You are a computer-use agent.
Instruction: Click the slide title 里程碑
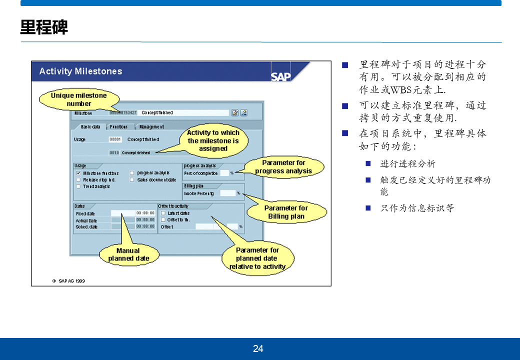coord(44,27)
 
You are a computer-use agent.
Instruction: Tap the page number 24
coord(258,348)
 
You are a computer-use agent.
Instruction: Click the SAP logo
coord(281,76)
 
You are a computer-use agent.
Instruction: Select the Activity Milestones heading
coord(80,71)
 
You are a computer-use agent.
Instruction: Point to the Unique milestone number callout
coord(79,99)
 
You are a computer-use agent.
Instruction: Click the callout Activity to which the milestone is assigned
coord(213,140)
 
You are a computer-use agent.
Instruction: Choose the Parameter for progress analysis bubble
coord(283,167)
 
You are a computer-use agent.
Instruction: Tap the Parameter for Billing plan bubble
coord(286,212)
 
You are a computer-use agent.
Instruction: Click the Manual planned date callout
coord(128,254)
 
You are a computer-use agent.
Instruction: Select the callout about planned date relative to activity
coord(257,258)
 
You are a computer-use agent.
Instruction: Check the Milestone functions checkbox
coord(78,173)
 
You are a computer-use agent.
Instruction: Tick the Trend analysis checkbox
coord(78,186)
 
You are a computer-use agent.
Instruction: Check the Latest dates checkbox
coord(163,213)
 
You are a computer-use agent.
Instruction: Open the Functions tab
coord(119,127)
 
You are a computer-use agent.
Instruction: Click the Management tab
coord(151,127)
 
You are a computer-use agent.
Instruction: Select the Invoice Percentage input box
coord(227,193)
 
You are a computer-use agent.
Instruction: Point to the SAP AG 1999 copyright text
coord(71,281)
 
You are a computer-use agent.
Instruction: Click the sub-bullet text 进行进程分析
coord(407,163)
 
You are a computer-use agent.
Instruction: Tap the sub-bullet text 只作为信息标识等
coord(417,208)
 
